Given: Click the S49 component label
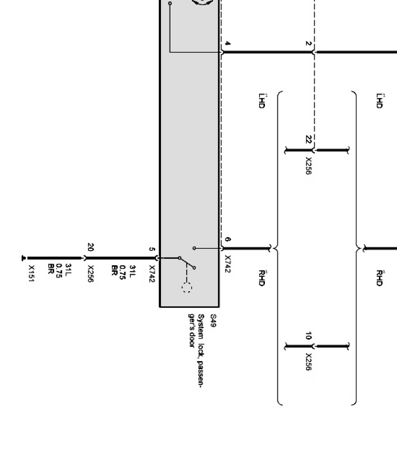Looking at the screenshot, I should [x=213, y=320].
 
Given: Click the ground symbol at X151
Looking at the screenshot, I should [x=24, y=258].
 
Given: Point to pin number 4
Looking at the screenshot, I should [x=227, y=44].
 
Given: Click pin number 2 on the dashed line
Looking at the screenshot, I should [x=308, y=43].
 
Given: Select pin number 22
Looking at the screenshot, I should [x=308, y=140].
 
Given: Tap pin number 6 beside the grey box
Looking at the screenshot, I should [x=227, y=239].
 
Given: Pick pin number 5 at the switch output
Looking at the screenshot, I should [x=151, y=249].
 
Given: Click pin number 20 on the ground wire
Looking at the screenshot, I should [x=90, y=248].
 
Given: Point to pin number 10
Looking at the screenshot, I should [x=308, y=336].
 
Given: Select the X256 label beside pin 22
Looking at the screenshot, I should [x=308, y=165].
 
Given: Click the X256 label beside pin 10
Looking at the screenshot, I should [x=308, y=361].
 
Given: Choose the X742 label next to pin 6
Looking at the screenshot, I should [x=227, y=264].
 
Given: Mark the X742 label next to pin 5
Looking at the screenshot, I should [x=151, y=274].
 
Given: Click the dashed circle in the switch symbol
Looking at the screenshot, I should [x=187, y=288].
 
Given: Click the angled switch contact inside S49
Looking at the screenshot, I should [x=187, y=263].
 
